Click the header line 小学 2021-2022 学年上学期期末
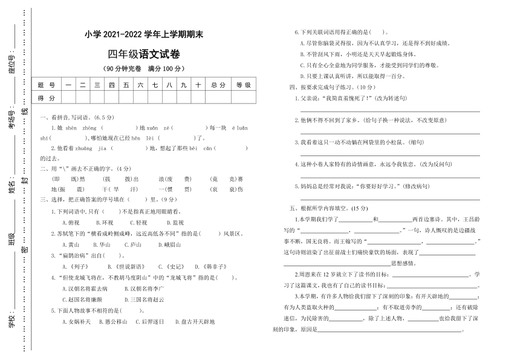pyautogui.click(x=144, y=34)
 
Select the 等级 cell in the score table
pyautogui.click(x=243, y=85)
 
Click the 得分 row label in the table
pyautogui.click(x=46, y=98)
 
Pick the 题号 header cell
pyautogui.click(x=46, y=85)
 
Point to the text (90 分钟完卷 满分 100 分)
pyautogui.click(x=144, y=68)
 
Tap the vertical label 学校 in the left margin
pyautogui.click(x=10, y=321)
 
